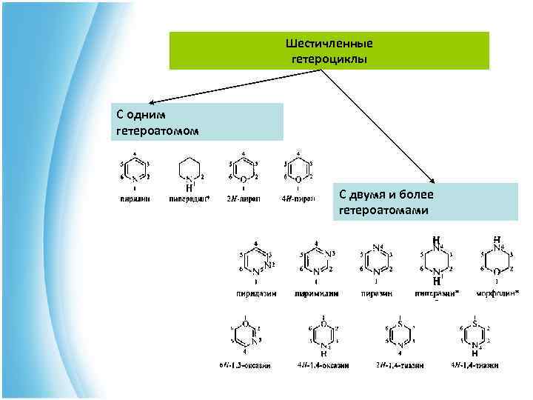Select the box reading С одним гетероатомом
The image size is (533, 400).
coord(198,122)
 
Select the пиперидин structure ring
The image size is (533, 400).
coord(189,172)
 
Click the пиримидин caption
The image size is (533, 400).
coord(317,293)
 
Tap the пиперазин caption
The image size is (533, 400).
coord(437,293)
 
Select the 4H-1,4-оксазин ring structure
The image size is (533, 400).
coord(324,335)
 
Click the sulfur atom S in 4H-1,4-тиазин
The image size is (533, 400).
coord(475,324)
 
